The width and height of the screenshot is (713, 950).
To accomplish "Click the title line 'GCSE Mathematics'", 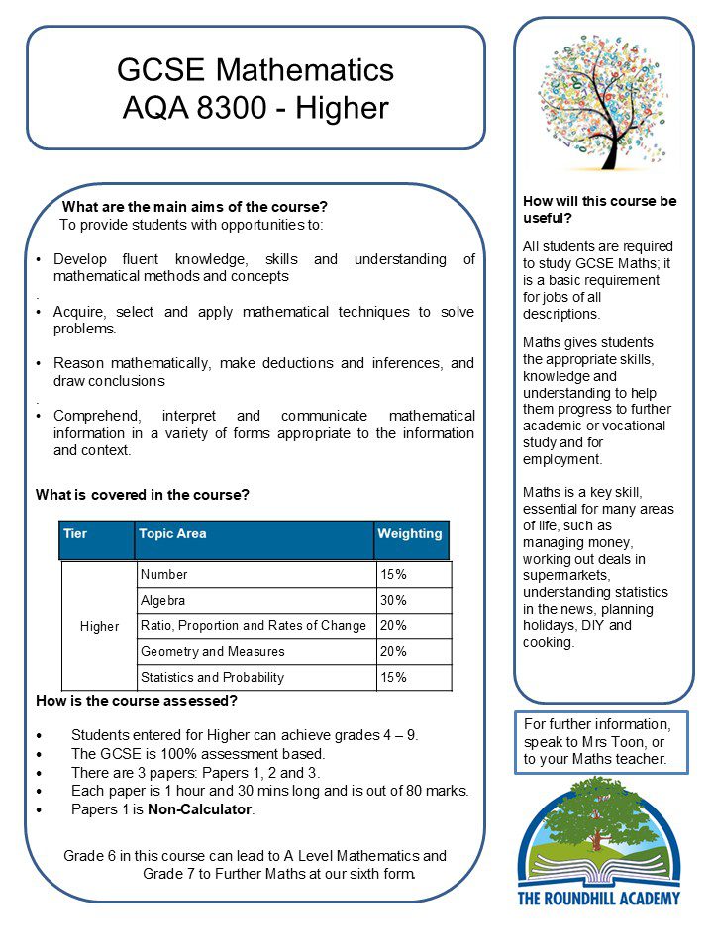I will click(255, 70).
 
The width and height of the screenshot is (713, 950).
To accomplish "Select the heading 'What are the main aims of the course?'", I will click(194, 207).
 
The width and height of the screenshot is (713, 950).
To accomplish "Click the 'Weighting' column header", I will click(409, 534).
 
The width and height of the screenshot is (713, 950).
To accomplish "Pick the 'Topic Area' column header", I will click(172, 534).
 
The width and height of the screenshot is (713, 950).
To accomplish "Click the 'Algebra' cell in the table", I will click(163, 601).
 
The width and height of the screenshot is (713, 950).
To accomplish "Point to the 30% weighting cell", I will click(393, 601).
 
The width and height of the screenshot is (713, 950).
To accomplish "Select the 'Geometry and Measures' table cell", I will click(212, 652).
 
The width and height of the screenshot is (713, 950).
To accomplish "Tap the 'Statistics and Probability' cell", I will click(212, 678).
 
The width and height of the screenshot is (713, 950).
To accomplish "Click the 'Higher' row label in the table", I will click(99, 627).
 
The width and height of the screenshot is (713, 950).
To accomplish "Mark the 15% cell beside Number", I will click(393, 575).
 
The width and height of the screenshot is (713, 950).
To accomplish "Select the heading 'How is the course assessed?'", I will click(137, 702).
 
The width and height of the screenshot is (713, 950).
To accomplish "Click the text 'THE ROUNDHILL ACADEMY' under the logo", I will click(600, 898).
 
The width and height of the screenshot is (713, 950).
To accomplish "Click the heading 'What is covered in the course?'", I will click(143, 494).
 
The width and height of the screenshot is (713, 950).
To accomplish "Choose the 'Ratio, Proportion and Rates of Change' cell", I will click(254, 626).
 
